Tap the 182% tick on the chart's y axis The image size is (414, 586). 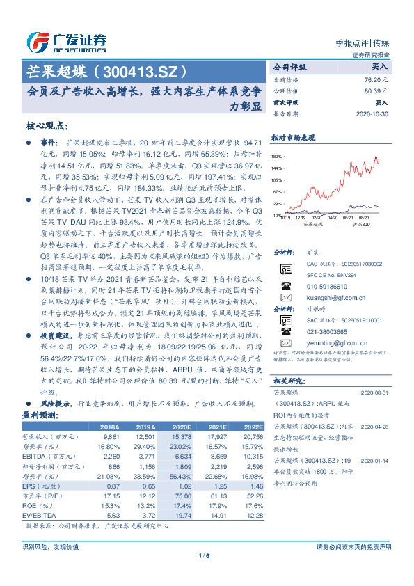click(x=277, y=157)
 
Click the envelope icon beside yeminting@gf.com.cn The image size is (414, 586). click(x=285, y=344)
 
